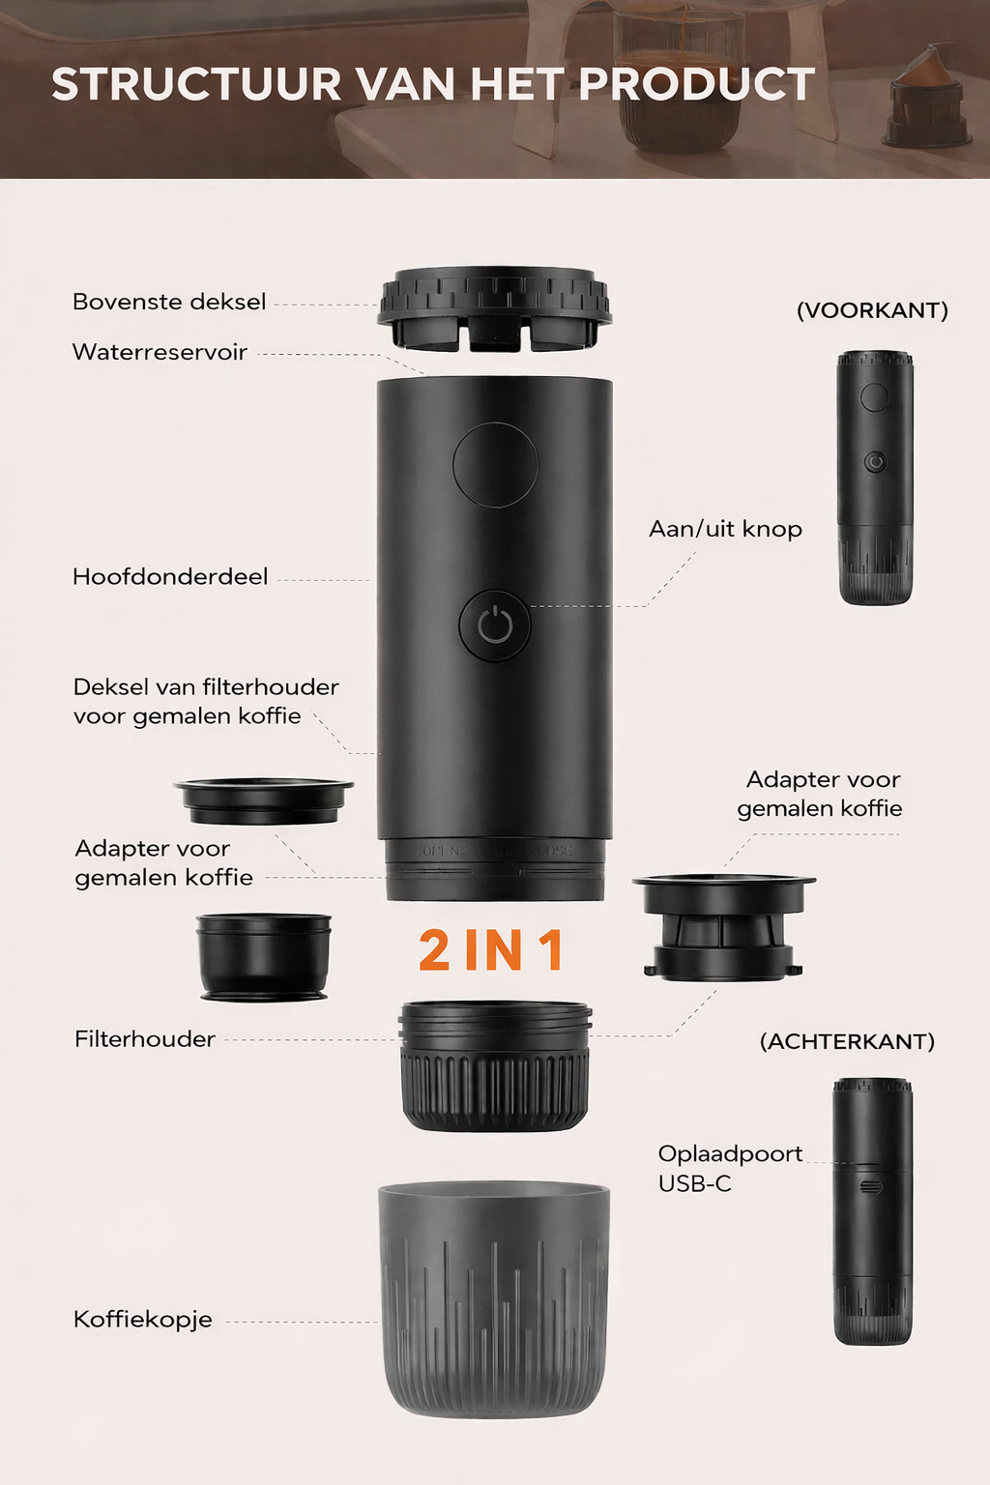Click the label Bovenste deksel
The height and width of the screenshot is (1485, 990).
(169, 303)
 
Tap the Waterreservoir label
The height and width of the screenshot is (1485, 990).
(160, 352)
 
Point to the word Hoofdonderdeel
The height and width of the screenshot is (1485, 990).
(170, 577)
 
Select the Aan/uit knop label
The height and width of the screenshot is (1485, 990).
(725, 529)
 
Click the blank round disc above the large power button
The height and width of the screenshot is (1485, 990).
(495, 465)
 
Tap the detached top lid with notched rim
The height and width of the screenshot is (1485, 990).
(494, 309)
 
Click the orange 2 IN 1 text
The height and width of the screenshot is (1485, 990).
(491, 950)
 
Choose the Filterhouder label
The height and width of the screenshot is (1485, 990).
(145, 1039)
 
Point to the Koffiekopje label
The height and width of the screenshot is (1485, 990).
(142, 1320)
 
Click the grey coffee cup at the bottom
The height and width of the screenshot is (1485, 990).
(494, 1300)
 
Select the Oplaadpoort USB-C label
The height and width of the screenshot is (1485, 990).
(730, 1168)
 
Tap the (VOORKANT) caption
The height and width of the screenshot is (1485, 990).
(872, 310)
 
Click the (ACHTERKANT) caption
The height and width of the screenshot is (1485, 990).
(847, 1041)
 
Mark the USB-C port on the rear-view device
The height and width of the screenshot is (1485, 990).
(871, 1186)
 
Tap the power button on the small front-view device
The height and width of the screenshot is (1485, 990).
(875, 461)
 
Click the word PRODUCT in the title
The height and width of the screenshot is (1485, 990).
(697, 84)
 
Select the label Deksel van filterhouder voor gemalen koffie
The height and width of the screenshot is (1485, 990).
(206, 701)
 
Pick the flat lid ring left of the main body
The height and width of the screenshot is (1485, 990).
(263, 801)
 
